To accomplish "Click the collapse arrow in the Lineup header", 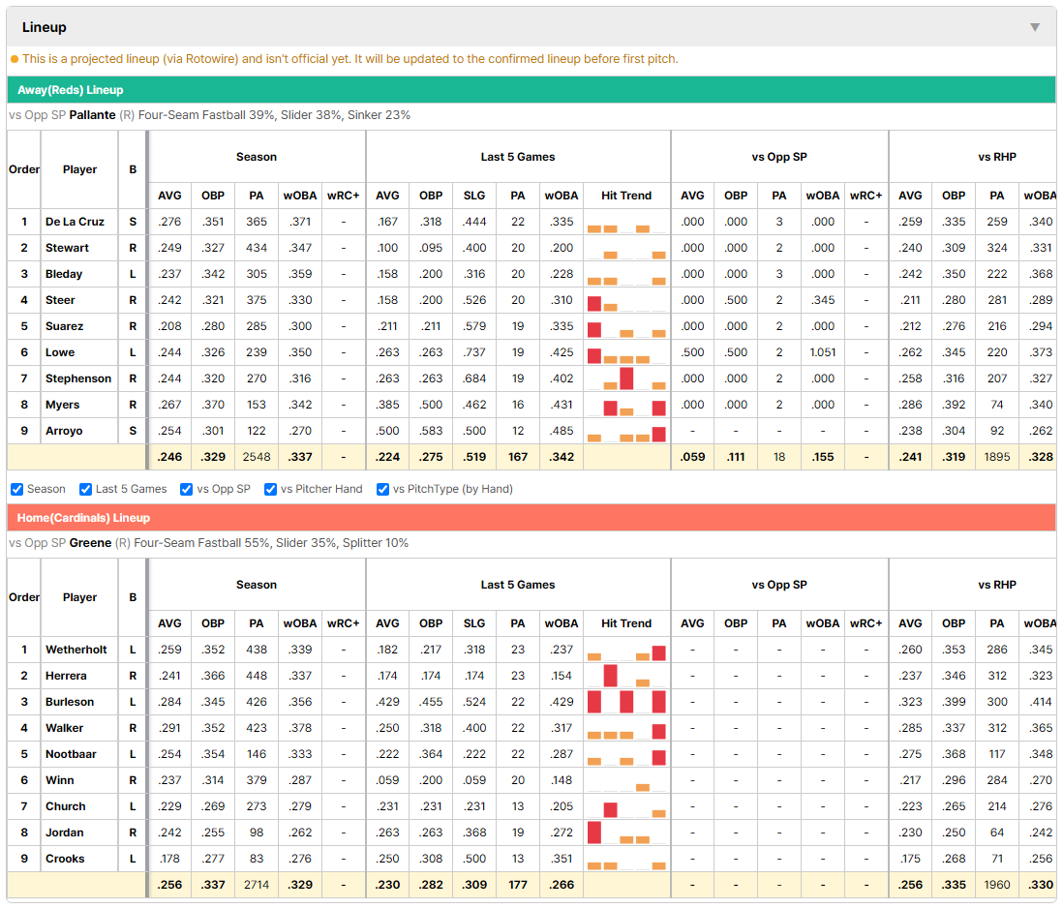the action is click(x=1035, y=27).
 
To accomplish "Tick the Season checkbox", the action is click(x=17, y=490).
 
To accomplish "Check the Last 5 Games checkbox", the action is click(x=85, y=490).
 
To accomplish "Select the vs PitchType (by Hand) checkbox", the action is click(x=383, y=490).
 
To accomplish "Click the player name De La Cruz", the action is click(x=75, y=222).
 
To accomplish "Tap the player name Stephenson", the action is click(x=78, y=379).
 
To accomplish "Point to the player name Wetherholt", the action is click(x=76, y=650).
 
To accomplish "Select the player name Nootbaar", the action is click(x=71, y=754).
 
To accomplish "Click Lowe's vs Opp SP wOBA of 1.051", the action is click(x=823, y=352).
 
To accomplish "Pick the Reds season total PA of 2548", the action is click(x=257, y=457).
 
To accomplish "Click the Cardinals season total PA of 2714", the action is click(x=257, y=885).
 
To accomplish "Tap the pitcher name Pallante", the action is click(x=92, y=115).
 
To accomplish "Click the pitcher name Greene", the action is click(x=90, y=543).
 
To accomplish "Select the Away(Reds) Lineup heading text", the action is click(x=71, y=90).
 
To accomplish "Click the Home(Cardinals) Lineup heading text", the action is click(x=83, y=518).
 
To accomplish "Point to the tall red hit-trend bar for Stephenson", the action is click(x=626, y=379).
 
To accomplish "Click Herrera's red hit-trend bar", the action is click(x=610, y=676).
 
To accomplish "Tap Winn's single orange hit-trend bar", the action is click(x=643, y=787).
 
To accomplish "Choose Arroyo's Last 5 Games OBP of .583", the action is click(x=431, y=431).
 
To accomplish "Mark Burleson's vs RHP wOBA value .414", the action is click(x=1041, y=702).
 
